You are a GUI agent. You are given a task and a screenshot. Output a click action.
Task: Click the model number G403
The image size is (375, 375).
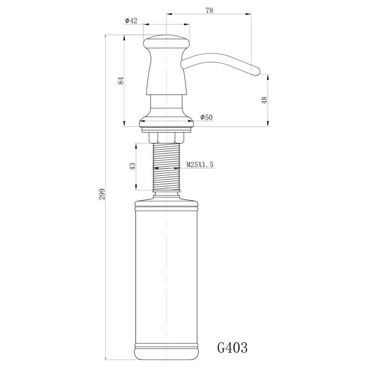[232, 348]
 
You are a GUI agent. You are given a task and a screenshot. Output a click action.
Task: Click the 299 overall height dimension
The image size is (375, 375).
[103, 194]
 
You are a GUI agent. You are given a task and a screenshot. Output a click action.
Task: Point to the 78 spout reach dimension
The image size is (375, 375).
[209, 10]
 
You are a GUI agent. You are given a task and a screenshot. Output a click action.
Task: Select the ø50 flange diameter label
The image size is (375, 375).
[206, 117]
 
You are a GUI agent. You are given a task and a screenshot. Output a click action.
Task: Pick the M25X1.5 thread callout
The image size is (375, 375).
[200, 165]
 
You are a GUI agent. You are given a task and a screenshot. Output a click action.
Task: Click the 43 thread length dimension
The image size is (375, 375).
[133, 166]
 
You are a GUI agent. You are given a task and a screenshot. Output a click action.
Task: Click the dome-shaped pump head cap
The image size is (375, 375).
[166, 41]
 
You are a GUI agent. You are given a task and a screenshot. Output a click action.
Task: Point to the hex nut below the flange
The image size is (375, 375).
[166, 137]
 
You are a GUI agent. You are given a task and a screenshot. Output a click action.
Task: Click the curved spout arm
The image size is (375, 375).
[216, 60]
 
